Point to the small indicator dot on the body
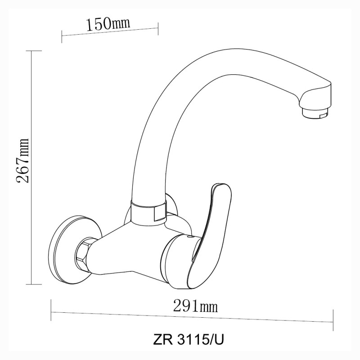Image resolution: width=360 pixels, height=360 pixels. coord(188,235)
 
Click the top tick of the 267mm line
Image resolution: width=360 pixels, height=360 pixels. coord(31,51)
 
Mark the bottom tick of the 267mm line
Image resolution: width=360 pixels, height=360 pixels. coord(31,284)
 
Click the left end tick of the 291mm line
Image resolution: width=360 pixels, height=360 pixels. coord(51,306)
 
